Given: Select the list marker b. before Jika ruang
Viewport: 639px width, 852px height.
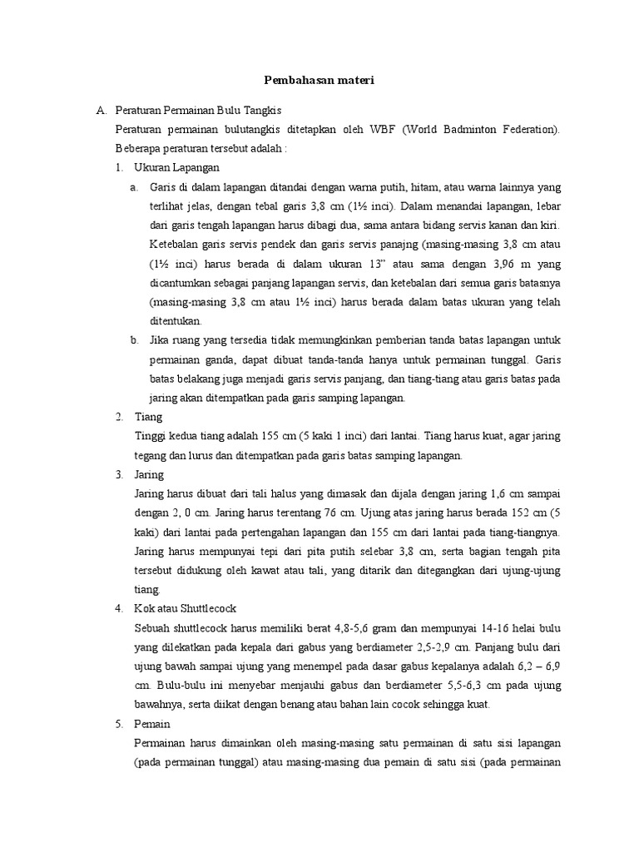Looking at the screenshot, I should tap(134, 339).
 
